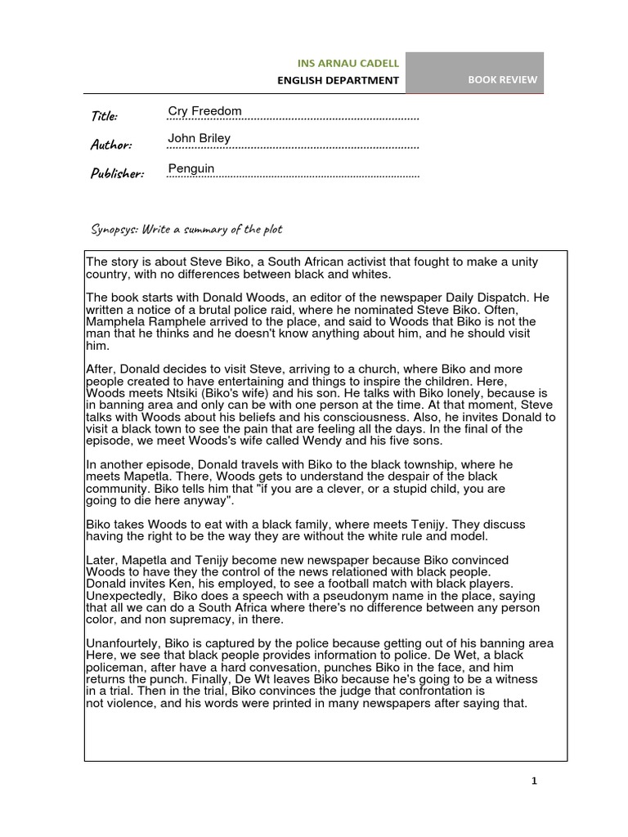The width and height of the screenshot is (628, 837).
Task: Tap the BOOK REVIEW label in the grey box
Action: tap(502, 80)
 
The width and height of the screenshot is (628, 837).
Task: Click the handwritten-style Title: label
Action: tap(104, 115)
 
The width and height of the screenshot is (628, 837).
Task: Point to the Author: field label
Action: tap(110, 145)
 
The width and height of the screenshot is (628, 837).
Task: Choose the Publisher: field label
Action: tap(117, 173)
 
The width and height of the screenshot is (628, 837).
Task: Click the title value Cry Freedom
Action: tap(204, 111)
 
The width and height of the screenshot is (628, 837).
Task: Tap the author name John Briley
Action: tap(199, 138)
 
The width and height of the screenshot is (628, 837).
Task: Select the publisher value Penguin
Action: tap(191, 168)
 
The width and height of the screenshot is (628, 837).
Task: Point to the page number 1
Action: tap(534, 781)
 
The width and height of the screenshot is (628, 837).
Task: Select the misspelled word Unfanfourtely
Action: tap(125, 643)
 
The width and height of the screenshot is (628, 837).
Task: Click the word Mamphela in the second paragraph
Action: tap(113, 322)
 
